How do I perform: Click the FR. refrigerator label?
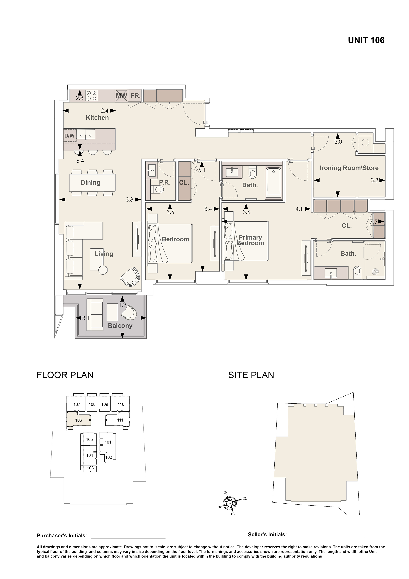(135, 96)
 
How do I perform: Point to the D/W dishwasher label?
(70, 136)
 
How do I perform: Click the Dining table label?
(91, 182)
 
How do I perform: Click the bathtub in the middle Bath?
(274, 183)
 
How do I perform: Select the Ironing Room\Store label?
(349, 168)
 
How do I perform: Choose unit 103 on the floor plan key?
(90, 468)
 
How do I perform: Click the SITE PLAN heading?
(251, 375)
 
